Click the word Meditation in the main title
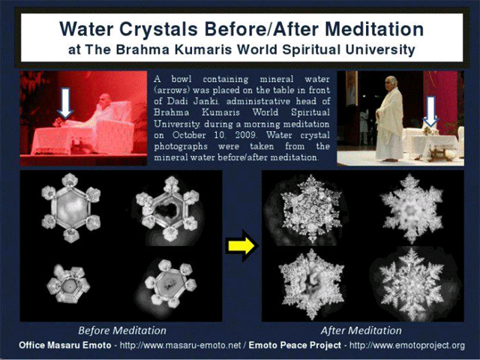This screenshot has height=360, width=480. [x=370, y=29]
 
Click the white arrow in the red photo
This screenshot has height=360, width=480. [x=65, y=103]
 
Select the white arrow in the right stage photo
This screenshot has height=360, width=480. [x=430, y=111]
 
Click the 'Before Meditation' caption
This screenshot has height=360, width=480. [x=121, y=331]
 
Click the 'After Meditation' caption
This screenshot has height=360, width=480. [x=361, y=331]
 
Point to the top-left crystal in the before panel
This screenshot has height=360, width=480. [x=71, y=208]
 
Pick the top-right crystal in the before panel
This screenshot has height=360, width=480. [x=168, y=209]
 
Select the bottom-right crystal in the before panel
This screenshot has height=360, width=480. [x=170, y=283]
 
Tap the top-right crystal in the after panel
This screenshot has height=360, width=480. [x=412, y=208]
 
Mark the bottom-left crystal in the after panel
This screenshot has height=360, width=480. [x=311, y=284]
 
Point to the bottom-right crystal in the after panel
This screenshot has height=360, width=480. [x=412, y=284]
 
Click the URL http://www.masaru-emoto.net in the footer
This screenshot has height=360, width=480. [x=180, y=345]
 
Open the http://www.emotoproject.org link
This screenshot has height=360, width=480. [x=406, y=345]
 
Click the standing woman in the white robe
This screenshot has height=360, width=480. [x=389, y=118]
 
